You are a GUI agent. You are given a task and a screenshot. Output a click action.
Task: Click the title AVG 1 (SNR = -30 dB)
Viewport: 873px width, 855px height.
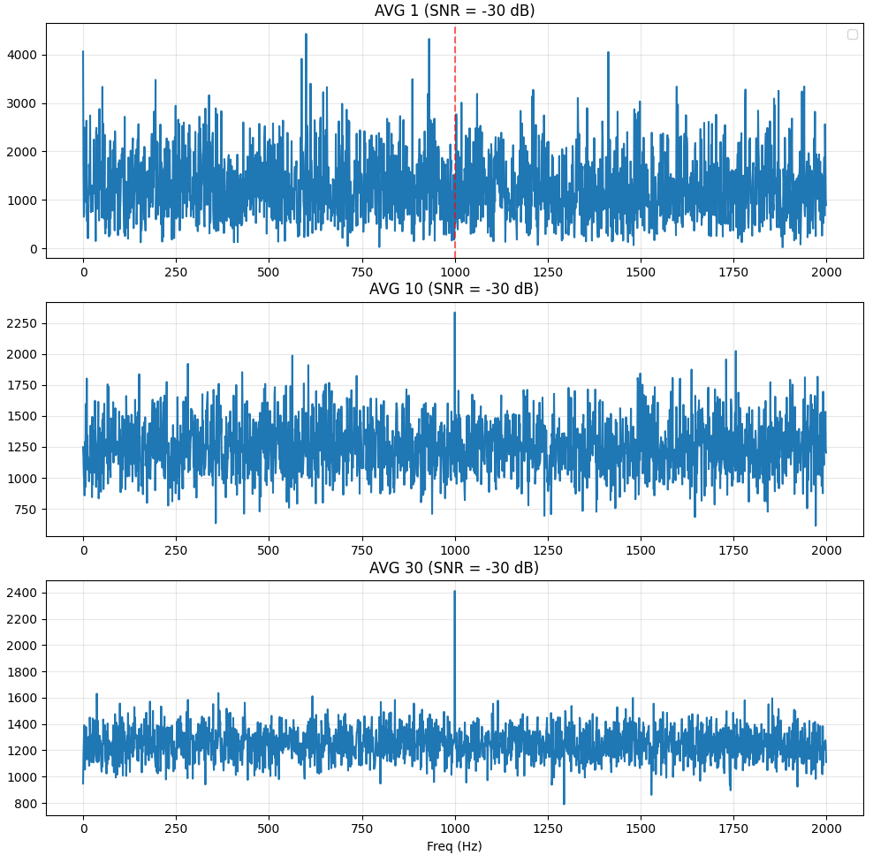(x=454, y=11)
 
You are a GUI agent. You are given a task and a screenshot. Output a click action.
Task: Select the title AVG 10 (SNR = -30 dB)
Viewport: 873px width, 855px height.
(x=454, y=289)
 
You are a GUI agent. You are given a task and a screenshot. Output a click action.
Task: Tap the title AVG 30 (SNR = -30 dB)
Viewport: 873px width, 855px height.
(x=454, y=568)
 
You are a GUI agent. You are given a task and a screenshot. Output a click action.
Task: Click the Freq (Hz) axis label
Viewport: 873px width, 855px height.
(x=454, y=846)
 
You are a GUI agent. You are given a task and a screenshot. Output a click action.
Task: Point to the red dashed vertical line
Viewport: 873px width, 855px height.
(x=455, y=140)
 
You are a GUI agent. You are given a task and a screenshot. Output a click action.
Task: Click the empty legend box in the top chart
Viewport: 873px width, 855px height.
(x=853, y=34)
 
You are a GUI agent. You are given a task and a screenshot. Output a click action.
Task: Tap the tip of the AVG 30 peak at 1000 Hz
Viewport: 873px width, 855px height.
(x=454, y=591)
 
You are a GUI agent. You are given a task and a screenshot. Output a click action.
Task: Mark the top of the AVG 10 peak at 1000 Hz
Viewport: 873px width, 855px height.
(x=454, y=313)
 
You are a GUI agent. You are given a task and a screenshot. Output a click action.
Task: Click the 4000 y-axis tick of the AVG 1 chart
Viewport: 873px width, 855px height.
(x=22, y=55)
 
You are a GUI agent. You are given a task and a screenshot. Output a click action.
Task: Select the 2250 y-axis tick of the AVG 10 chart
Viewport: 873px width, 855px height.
(x=22, y=323)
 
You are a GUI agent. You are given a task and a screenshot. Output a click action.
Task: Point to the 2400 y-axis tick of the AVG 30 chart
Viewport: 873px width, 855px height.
(x=22, y=593)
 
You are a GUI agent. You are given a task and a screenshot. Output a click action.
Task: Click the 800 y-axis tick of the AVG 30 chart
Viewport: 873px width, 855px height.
(x=26, y=804)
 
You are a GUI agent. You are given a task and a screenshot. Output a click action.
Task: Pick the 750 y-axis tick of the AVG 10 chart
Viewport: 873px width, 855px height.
(x=26, y=510)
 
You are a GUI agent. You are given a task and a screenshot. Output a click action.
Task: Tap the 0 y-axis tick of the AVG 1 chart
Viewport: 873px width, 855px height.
(x=34, y=249)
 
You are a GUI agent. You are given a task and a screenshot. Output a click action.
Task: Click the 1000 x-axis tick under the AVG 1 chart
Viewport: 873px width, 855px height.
(x=455, y=272)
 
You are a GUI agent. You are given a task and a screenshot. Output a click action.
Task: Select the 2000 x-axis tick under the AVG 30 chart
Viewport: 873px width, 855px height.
(x=826, y=829)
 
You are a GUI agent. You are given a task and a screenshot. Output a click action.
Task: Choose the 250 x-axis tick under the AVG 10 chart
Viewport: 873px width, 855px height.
(x=176, y=550)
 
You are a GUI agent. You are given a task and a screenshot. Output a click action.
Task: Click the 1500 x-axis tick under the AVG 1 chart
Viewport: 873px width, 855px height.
(x=641, y=272)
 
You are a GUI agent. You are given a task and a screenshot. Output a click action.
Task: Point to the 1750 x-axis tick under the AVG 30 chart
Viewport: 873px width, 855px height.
(x=733, y=829)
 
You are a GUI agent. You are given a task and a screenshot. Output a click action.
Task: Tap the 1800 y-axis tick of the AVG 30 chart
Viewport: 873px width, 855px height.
(x=22, y=672)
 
